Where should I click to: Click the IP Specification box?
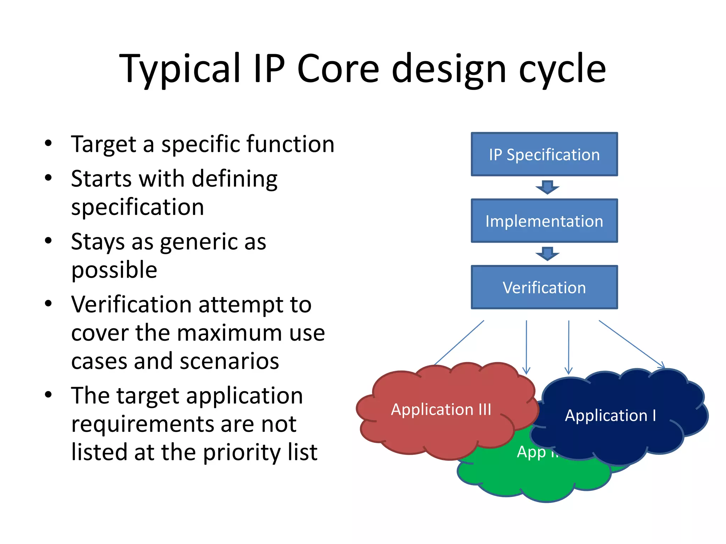[x=544, y=154]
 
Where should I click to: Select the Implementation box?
[x=544, y=221]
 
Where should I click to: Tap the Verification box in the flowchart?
[x=544, y=287]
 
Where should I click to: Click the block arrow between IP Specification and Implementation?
[x=547, y=187]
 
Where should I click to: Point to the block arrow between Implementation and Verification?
[x=547, y=254]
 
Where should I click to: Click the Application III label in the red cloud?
[x=441, y=409]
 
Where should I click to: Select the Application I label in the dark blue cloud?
[x=610, y=415]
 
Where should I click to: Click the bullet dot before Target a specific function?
[x=49, y=143]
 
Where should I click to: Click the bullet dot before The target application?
[x=49, y=395]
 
